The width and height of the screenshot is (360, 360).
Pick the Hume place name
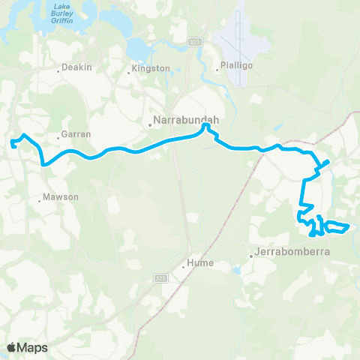[201, 262]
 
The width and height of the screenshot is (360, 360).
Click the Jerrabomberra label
[292, 251]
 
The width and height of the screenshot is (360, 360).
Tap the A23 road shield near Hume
[160, 278]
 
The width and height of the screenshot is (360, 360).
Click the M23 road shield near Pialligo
[194, 41]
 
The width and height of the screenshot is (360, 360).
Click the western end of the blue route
[12, 141]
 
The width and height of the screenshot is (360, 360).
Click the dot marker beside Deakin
[58, 71]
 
